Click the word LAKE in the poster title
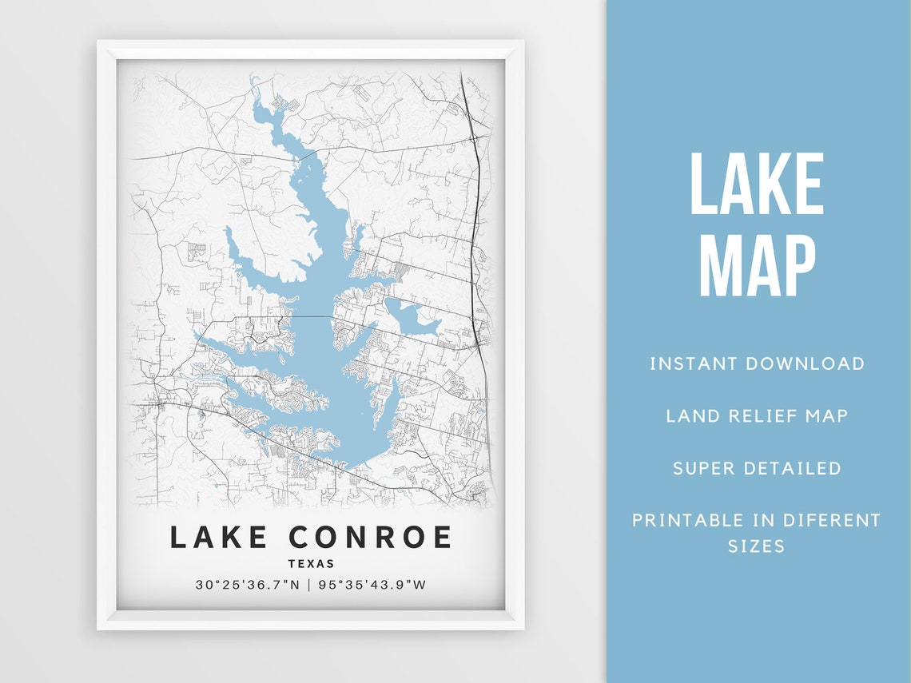(218, 537)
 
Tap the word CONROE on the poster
(369, 537)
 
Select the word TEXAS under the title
(311, 564)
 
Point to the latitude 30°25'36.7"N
(247, 585)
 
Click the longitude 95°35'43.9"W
(372, 585)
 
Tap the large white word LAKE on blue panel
(756, 185)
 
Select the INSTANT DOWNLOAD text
(757, 364)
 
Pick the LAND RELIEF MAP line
(757, 415)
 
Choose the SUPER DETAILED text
(757, 468)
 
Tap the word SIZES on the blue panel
(756, 547)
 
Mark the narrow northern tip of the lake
(254, 84)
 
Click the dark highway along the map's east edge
(477, 240)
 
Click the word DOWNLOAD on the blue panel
(805, 364)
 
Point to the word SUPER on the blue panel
(701, 468)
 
